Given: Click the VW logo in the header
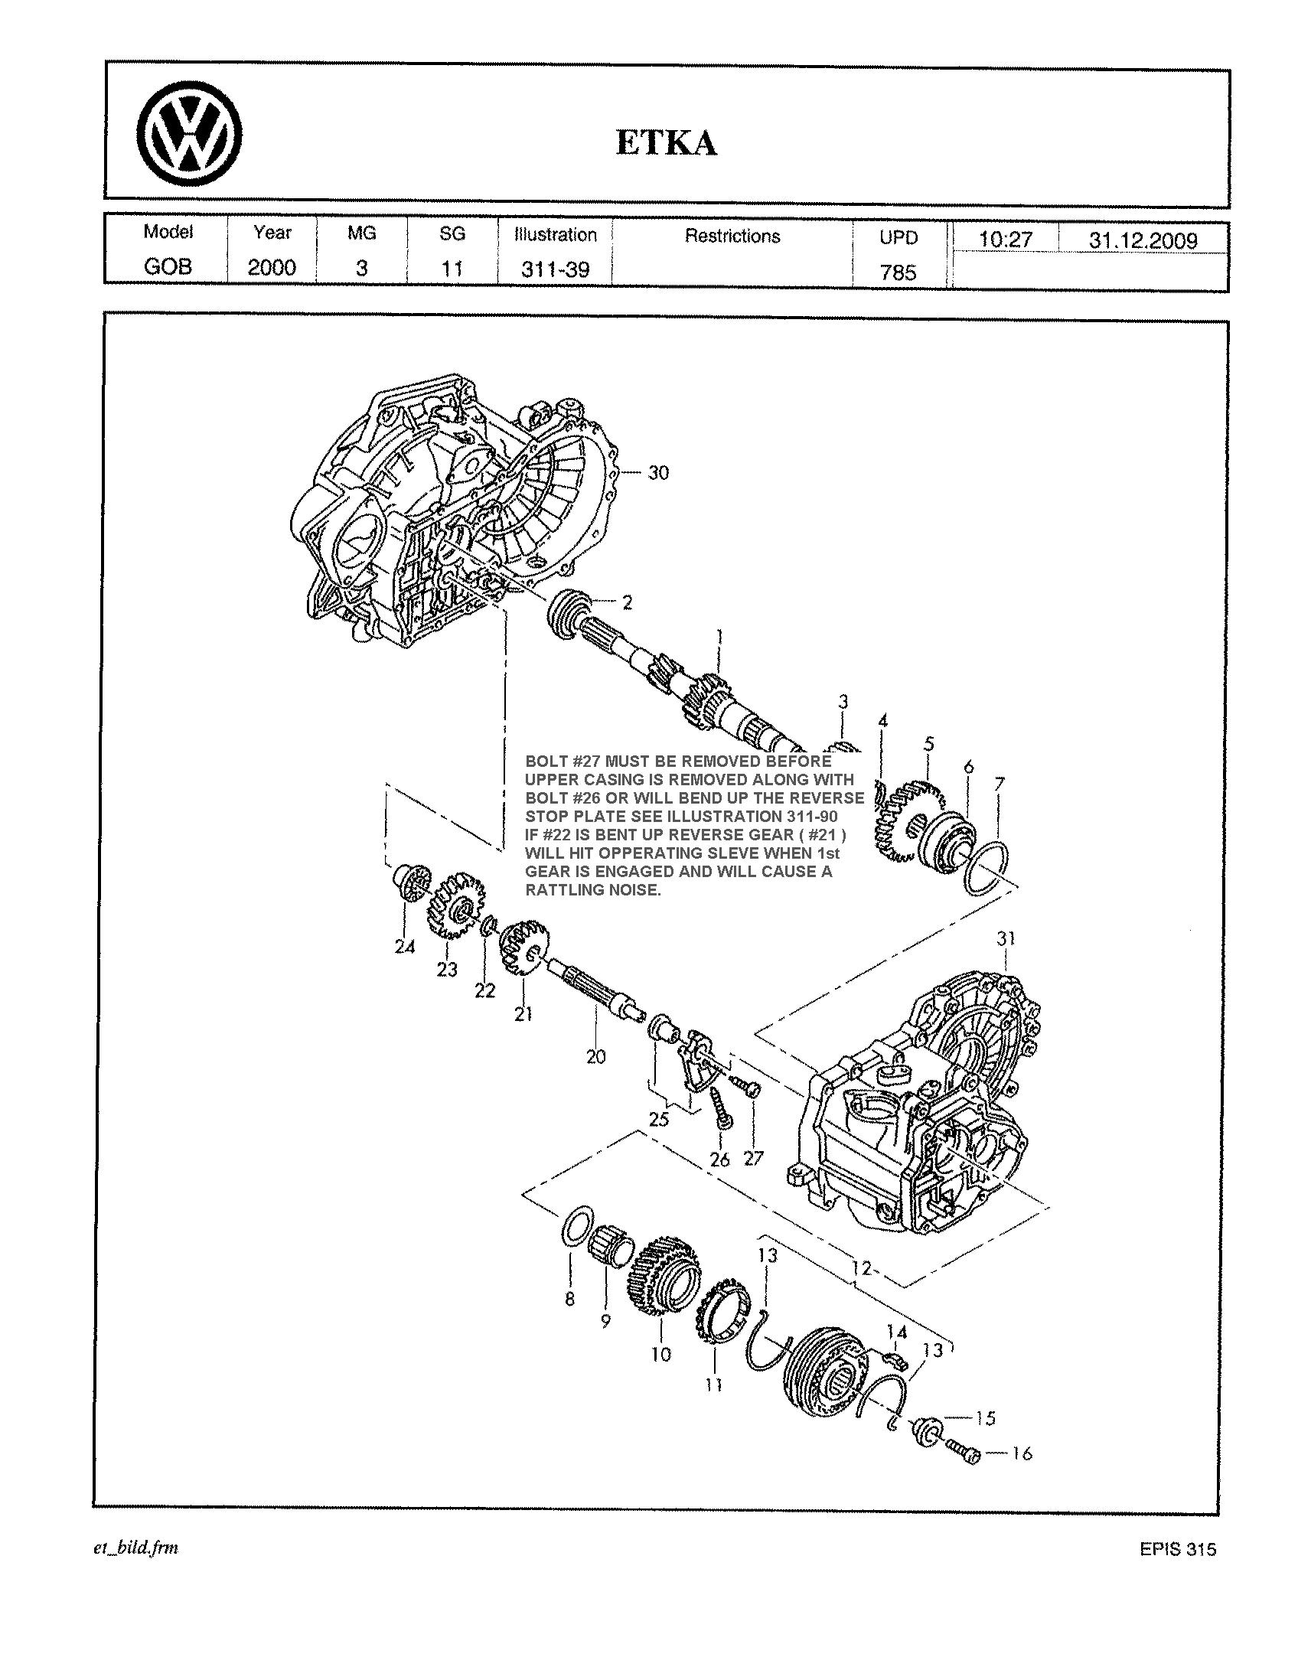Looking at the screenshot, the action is coord(190,137).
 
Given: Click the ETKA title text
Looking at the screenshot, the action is coord(667,143).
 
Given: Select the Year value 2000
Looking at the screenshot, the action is coord(272,267).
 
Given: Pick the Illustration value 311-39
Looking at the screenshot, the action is coord(555,269).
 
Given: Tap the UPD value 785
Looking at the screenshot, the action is coord(898,272).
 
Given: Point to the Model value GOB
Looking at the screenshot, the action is coord(168,266).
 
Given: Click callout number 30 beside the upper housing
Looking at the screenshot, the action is coord(658,473).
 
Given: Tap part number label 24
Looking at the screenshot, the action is coord(405,947).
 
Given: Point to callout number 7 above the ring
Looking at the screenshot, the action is coord(999,784).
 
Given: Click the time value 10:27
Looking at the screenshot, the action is coord(1006,240).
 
